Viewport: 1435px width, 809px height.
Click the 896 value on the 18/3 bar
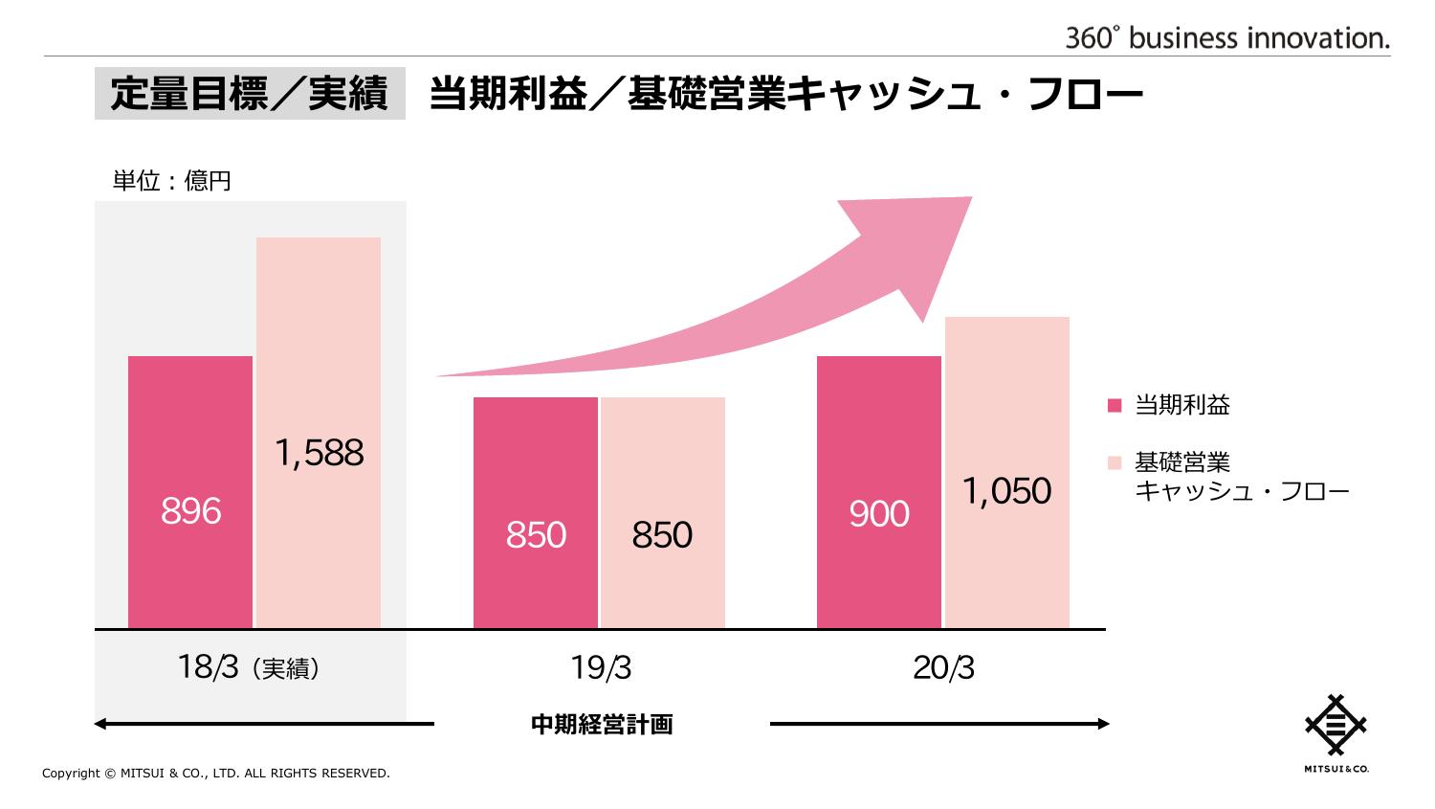pos(191,511)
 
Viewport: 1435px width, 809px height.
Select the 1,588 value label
pos(319,453)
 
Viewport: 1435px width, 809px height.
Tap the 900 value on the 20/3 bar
pos(879,514)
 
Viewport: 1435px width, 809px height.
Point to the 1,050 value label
pos(1006,491)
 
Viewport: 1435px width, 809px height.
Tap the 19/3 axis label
pos(601,667)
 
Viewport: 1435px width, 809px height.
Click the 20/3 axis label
pos(943,667)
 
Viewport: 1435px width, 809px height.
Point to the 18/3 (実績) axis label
pos(249,667)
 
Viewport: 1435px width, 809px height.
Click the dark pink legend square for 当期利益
pos(1115,405)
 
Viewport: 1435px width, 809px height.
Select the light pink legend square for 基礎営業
pos(1115,463)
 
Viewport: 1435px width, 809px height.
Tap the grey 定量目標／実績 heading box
pos(250,94)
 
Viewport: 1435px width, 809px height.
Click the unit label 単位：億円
pos(172,181)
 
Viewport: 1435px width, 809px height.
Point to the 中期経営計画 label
pos(602,725)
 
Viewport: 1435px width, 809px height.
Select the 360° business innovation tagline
pos(1227,38)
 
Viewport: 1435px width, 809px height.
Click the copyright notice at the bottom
pos(216,774)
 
